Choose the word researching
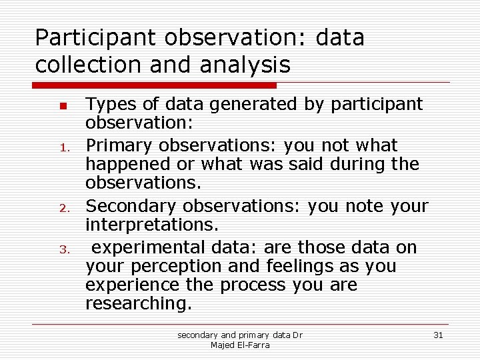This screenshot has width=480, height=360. coord(138,304)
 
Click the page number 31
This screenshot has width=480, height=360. coord(438,335)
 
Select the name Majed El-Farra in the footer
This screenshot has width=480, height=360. coord(239,345)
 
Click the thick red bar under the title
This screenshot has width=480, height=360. coord(155,85)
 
